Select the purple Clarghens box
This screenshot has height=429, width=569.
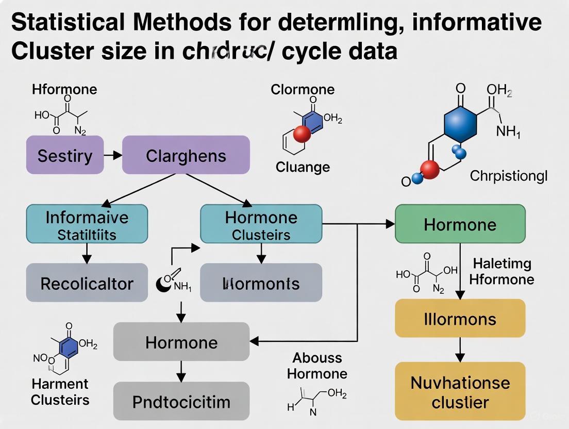click(x=186, y=155)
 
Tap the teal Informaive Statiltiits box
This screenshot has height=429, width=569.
click(x=87, y=224)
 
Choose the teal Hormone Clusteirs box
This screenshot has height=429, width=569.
click(x=261, y=224)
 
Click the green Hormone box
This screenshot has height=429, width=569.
click(x=460, y=224)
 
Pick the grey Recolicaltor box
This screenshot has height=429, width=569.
click(x=87, y=283)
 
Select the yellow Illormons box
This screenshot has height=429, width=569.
click(x=460, y=318)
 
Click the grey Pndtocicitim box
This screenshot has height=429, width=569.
click(x=181, y=401)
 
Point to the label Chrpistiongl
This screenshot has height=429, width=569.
click(x=508, y=176)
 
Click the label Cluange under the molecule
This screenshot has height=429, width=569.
click(x=303, y=167)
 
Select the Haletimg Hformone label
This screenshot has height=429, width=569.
click(x=503, y=271)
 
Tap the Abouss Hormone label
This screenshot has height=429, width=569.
click(x=317, y=365)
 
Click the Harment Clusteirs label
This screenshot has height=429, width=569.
click(x=60, y=391)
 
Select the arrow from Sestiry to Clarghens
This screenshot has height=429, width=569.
click(x=112, y=155)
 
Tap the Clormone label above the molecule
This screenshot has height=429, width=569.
click(x=303, y=89)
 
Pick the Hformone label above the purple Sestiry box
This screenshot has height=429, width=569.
click(x=64, y=89)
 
